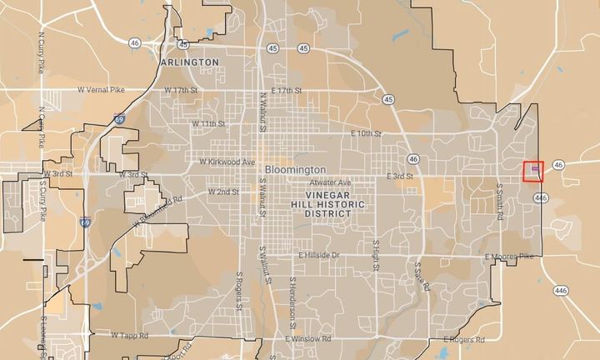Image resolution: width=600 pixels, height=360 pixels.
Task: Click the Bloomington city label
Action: tap(295, 168)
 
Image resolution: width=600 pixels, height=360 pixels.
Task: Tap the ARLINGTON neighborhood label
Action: tap(188, 62)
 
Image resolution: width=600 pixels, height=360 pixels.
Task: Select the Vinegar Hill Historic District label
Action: tap(321, 203)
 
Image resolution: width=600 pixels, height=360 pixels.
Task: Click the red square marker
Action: tap(534, 172)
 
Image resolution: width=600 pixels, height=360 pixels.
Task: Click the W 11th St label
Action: tap(209, 123)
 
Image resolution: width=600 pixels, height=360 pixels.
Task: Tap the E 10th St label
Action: tap(366, 133)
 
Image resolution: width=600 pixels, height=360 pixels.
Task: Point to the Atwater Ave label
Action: tap(330, 182)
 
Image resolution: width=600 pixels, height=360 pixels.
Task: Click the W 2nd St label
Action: tap(222, 192)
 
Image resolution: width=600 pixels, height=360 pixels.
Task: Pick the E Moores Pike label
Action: tap(509, 257)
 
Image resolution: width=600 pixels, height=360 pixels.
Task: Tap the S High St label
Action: tap(376, 254)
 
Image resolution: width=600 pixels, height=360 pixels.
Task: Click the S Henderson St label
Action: tap(293, 298)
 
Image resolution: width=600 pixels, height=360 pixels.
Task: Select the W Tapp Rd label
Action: tap(129, 335)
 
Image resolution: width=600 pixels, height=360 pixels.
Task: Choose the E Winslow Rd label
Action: tap(307, 339)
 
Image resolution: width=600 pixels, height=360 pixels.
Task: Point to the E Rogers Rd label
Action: tap(463, 339)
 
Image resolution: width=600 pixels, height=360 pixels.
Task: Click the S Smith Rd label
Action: tap(500, 202)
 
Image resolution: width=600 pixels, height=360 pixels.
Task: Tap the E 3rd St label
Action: tap(400, 177)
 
